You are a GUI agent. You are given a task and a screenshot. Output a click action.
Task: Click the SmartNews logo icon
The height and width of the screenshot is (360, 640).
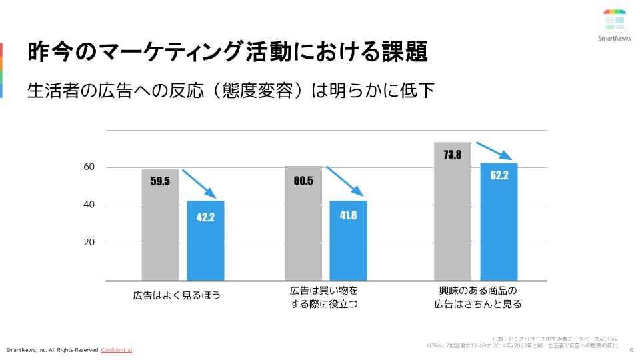tap(614, 21)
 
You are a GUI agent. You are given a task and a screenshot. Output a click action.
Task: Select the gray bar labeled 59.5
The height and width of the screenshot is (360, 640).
tap(160, 225)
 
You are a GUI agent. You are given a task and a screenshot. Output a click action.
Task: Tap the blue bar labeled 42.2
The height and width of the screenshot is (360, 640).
tap(205, 240)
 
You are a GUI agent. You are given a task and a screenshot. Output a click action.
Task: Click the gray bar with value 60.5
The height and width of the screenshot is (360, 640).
tap(303, 223)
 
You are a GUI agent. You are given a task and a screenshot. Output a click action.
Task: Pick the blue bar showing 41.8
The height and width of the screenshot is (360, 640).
tap(348, 240)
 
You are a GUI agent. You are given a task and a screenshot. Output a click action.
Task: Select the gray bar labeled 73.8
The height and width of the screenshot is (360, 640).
tap(453, 211)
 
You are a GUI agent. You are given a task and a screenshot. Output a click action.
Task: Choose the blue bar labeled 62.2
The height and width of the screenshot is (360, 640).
tap(499, 221)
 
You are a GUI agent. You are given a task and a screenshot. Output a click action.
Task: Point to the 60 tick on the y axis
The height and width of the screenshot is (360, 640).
tap(89, 167)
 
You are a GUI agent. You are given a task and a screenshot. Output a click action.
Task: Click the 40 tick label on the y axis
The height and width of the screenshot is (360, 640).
tap(89, 205)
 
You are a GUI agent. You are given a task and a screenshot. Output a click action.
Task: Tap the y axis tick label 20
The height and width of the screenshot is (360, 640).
tap(89, 243)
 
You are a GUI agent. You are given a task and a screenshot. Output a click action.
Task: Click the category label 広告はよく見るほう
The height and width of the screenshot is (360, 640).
tap(177, 294)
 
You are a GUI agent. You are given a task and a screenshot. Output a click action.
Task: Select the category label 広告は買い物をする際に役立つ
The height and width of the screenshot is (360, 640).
tap(324, 297)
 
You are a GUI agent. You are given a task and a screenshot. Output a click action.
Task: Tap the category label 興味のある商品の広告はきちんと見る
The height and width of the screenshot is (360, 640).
tap(478, 297)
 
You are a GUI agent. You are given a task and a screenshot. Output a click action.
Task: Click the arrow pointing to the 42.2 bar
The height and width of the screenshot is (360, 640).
tap(199, 184)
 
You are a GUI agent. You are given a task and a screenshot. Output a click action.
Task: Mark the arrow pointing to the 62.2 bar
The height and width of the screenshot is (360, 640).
tap(494, 150)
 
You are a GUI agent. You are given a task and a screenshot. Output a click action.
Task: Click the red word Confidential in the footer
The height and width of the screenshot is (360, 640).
tap(117, 350)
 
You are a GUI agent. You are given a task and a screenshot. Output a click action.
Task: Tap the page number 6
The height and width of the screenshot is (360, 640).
tap(631, 346)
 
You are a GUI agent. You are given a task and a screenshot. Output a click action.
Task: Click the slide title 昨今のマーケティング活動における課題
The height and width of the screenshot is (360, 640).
tap(227, 52)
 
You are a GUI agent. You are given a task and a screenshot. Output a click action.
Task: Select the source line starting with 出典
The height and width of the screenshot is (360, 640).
tap(555, 339)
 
